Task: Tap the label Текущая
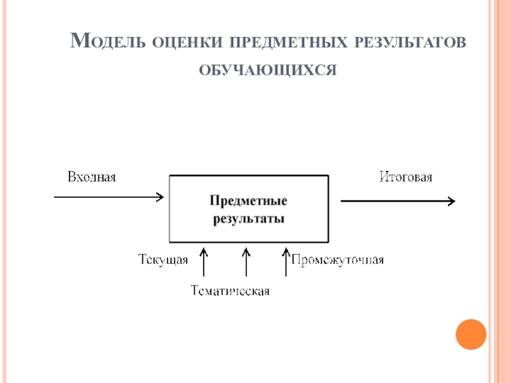tap(163, 260)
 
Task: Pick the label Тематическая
tap(231, 292)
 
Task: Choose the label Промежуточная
tap(338, 260)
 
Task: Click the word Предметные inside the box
tap(248, 202)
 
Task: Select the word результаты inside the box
tap(248, 218)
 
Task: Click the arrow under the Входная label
tap(109, 197)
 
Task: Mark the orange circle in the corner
tap(471, 334)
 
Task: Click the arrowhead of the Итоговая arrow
tap(451, 201)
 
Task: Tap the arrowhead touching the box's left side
tap(160, 197)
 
